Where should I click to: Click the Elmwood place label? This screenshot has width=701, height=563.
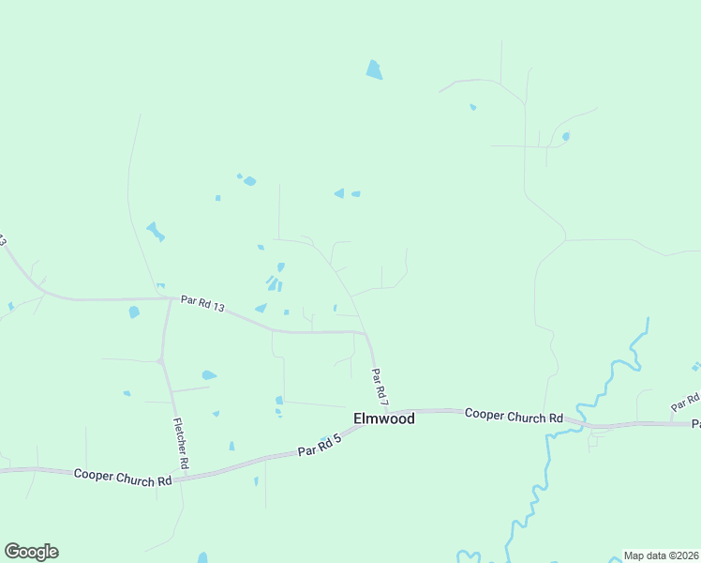pyautogui.click(x=383, y=418)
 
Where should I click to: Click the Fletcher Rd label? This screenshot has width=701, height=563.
pyautogui.click(x=181, y=444)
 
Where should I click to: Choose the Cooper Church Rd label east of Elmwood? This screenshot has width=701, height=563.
pyautogui.click(x=514, y=416)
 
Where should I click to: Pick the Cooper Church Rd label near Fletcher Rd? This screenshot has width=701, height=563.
pyautogui.click(x=123, y=478)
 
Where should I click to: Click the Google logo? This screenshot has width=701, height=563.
pyautogui.click(x=31, y=552)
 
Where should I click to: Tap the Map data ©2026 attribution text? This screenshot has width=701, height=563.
pyautogui.click(x=661, y=555)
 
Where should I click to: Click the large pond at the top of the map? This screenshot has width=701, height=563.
pyautogui.click(x=374, y=70)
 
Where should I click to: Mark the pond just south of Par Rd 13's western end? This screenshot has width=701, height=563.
pyautogui.click(x=134, y=312)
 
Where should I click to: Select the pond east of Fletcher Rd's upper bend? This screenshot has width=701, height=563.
pyautogui.click(x=208, y=375)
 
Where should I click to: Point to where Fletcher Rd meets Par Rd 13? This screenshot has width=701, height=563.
pyautogui.click(x=170, y=299)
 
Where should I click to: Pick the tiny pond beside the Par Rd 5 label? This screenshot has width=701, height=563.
pyautogui.click(x=325, y=437)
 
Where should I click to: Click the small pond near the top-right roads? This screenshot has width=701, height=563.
pyautogui.click(x=565, y=136)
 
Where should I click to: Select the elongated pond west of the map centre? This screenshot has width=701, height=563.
pyautogui.click(x=155, y=230)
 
